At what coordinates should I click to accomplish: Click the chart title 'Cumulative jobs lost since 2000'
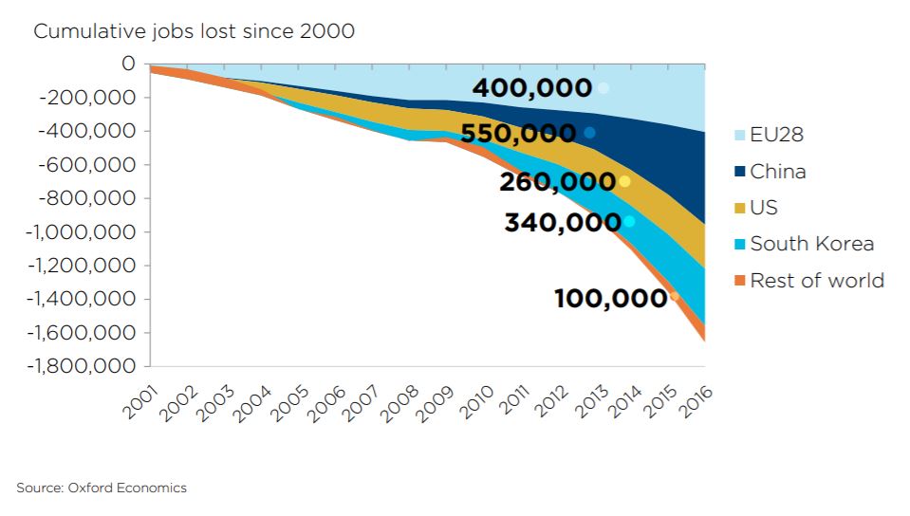click(x=194, y=31)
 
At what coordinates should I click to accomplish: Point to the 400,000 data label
click(x=531, y=88)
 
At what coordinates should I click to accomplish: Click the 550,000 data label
click(x=518, y=134)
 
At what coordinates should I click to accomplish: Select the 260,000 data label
click(x=557, y=181)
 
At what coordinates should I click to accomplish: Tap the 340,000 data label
click(x=562, y=224)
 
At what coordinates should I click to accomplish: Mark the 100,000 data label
click(x=610, y=298)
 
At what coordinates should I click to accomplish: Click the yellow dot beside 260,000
click(x=624, y=181)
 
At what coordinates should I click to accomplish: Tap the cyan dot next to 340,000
click(x=628, y=221)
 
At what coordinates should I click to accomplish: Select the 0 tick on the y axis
click(x=128, y=64)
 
